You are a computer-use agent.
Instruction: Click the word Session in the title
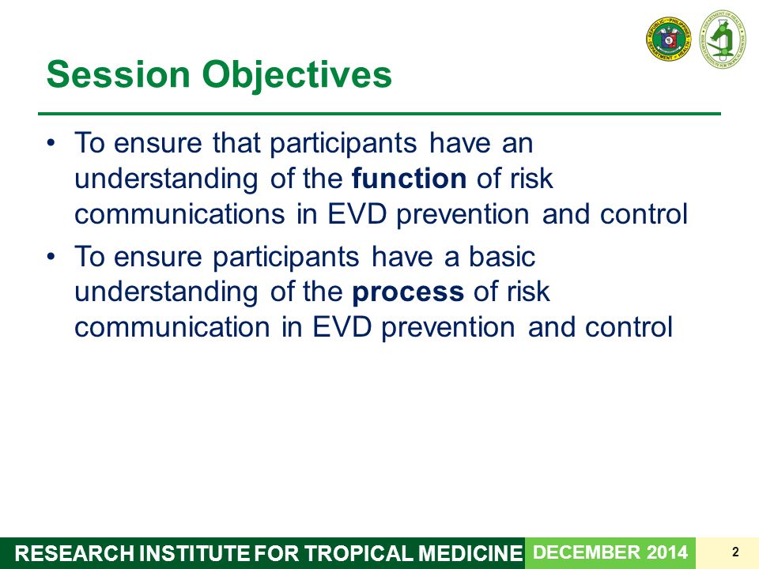(x=118, y=74)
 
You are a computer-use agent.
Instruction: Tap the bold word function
(x=409, y=178)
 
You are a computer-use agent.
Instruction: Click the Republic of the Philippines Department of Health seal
(x=669, y=40)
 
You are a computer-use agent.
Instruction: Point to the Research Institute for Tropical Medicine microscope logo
(x=723, y=39)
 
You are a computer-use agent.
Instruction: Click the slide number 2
(x=736, y=552)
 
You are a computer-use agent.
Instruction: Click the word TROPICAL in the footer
(x=359, y=553)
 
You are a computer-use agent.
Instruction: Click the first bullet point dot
(x=51, y=143)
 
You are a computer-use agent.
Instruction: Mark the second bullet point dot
(x=51, y=256)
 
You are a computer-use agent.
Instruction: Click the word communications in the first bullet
(x=179, y=214)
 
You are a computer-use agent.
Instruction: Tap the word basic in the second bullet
(x=502, y=256)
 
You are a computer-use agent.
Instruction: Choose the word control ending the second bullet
(x=629, y=327)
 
